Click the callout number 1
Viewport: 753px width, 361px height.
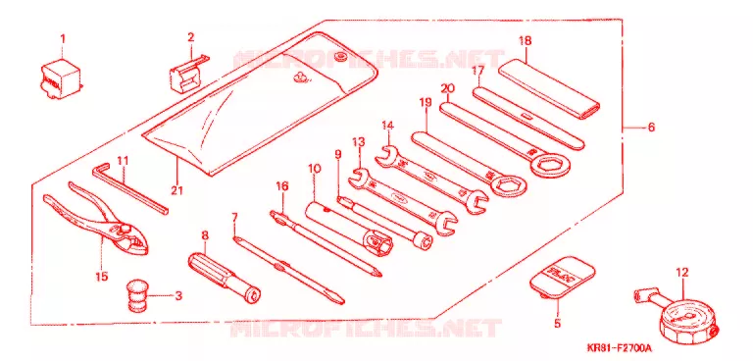[62, 38]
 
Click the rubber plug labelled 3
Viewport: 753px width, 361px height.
[136, 296]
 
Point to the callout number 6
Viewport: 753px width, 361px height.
[651, 128]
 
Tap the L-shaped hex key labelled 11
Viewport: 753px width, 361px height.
[129, 188]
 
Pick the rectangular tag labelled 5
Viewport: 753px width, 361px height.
[563, 280]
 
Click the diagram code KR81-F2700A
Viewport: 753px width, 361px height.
[619, 347]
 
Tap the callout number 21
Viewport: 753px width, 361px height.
[176, 190]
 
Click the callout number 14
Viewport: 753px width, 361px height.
[388, 126]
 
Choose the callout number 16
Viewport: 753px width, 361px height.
[282, 186]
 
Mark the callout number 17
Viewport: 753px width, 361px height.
[477, 71]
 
